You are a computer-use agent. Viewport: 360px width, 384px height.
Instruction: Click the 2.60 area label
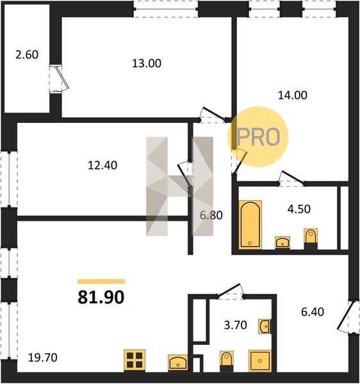27,54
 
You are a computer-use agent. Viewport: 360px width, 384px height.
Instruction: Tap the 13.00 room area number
147,63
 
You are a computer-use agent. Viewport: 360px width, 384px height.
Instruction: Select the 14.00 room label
292,95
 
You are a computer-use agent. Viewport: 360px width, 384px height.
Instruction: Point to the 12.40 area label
102,165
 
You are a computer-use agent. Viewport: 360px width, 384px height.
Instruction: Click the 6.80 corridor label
211,215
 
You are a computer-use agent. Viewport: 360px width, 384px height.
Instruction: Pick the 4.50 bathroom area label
299,209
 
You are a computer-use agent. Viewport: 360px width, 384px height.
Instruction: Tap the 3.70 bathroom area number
236,325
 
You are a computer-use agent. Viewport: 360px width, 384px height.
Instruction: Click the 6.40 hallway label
313,312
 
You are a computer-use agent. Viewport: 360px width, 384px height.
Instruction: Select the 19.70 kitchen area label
43,358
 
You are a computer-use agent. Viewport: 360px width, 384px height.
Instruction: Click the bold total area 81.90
101,298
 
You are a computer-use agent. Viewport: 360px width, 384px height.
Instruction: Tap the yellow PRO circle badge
258,137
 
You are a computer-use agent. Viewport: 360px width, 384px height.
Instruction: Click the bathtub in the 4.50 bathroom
250,225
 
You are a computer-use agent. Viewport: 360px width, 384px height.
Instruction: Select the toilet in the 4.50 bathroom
311,239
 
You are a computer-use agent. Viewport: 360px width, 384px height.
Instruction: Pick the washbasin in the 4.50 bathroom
282,243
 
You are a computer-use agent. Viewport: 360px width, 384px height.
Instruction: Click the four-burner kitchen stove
135,360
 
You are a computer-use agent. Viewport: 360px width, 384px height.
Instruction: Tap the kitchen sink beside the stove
178,362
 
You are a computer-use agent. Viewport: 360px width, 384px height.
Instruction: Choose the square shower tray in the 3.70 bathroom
260,361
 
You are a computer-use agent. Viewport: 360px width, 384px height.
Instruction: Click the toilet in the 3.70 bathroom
226,362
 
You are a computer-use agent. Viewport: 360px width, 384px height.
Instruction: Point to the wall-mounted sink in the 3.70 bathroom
265,326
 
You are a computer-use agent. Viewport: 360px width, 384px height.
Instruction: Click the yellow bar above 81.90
101,282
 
